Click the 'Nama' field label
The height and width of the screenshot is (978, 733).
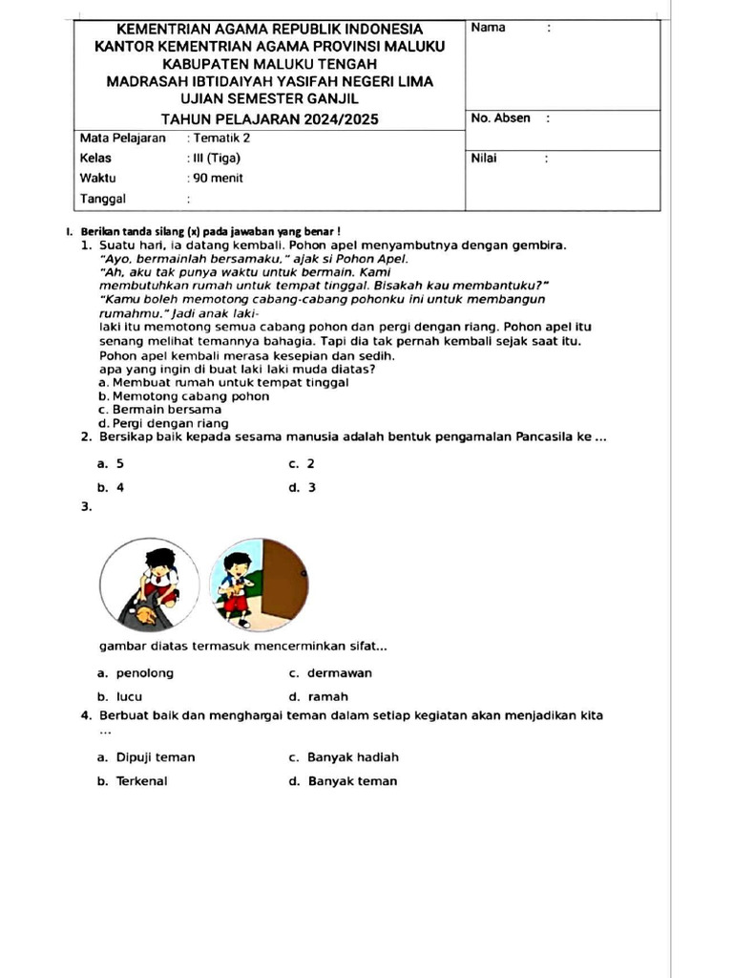tap(488, 28)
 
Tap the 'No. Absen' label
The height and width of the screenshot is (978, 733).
tap(500, 118)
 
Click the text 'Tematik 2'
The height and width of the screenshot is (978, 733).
tap(221, 138)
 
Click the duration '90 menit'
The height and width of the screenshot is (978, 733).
tap(218, 178)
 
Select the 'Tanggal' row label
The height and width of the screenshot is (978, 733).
tap(103, 199)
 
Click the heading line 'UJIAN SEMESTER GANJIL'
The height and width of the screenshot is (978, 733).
tap(269, 98)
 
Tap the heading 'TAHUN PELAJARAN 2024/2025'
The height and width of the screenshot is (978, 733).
tap(269, 119)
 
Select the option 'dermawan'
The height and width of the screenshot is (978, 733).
tap(340, 673)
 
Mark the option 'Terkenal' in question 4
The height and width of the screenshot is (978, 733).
tap(141, 781)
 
